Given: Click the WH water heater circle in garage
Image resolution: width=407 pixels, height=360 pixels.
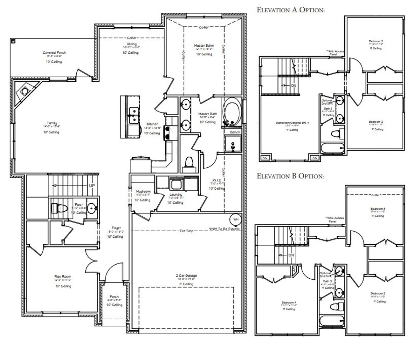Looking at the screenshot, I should (236, 220).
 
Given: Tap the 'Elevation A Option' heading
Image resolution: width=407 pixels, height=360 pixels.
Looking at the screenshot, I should (291, 10).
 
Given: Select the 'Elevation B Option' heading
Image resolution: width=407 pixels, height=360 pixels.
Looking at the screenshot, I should (290, 176).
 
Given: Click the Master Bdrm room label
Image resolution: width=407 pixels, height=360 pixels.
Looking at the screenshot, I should (204, 46).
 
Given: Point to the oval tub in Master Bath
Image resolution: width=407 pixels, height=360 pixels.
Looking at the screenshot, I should (232, 112).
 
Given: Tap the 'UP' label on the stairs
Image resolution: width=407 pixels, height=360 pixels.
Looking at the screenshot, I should (92, 186).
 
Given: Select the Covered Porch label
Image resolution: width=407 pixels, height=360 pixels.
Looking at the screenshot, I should (54, 53).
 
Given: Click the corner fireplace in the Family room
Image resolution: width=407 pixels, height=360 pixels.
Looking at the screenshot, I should (24, 91).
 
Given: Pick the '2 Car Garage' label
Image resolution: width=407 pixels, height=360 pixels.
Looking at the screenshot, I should (187, 275).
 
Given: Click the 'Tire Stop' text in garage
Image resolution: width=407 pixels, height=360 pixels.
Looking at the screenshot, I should (186, 231).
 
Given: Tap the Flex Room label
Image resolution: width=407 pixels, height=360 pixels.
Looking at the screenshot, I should (63, 277).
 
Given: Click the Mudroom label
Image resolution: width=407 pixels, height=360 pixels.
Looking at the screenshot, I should (143, 191).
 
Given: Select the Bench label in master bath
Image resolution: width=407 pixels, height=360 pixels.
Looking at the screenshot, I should (235, 132).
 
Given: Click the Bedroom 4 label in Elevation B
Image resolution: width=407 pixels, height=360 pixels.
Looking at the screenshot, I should (289, 302).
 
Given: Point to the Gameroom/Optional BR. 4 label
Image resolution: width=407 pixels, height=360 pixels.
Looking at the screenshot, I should (292, 122).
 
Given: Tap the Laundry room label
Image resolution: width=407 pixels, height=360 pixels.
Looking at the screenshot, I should (176, 194).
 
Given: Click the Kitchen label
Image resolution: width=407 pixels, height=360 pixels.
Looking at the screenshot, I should (152, 124).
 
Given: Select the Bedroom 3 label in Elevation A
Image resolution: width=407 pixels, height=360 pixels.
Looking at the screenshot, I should (376, 41).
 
